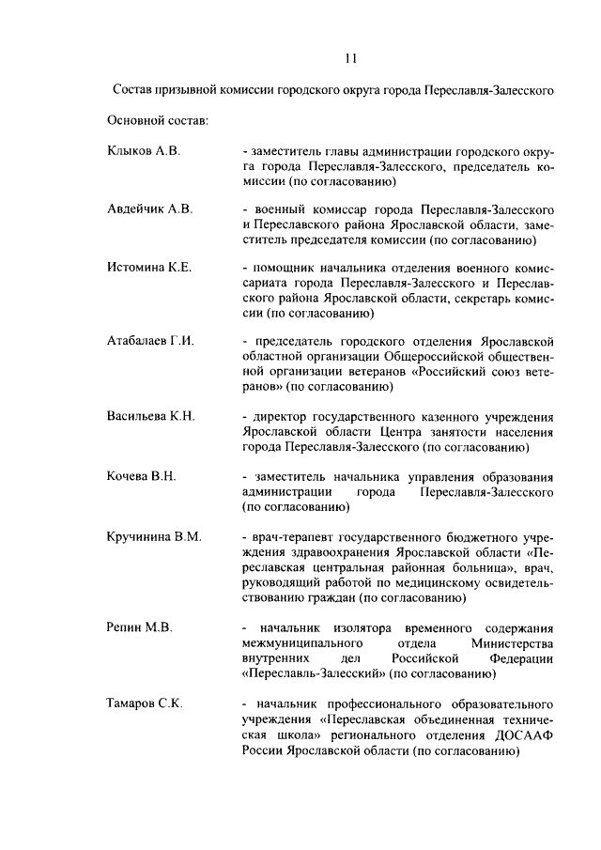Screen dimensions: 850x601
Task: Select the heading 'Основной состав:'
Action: [x=158, y=120]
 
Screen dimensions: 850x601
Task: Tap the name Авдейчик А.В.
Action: [x=151, y=209]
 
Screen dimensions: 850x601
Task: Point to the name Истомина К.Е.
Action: [x=150, y=268]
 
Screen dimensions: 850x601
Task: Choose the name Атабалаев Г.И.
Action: [x=151, y=340]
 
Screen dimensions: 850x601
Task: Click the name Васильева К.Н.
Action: [x=151, y=416]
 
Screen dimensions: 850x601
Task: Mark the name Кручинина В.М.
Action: [x=155, y=536]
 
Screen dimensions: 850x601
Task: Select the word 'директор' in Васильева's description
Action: [x=279, y=416]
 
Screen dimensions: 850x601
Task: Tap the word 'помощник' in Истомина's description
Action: [x=284, y=268]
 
